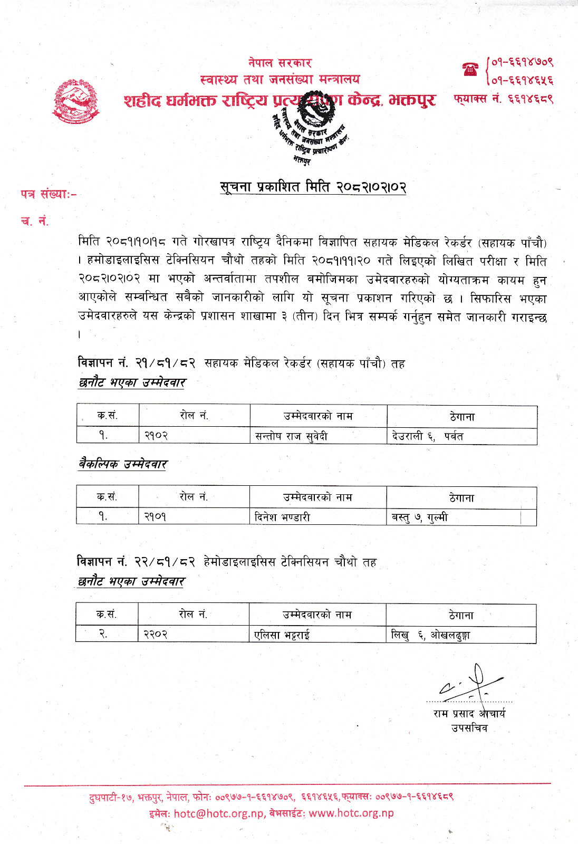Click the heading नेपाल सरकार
coord(280,63)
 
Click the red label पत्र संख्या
coord(49,194)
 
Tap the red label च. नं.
coord(34,221)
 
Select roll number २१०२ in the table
coord(156,436)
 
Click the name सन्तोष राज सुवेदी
coord(291,436)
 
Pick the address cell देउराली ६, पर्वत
coord(428,436)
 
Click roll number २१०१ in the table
coord(156,517)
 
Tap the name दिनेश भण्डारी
coord(282,517)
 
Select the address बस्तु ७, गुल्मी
coord(420,517)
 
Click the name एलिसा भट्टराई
coord(282,635)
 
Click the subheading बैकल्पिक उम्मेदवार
coord(123,464)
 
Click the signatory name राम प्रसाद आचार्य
coord(469,714)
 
